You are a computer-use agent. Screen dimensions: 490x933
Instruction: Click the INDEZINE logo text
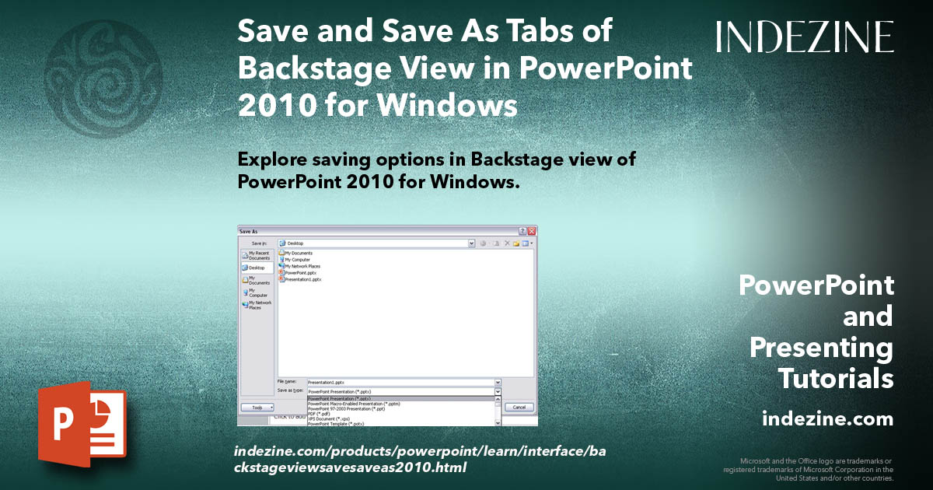pos(805,37)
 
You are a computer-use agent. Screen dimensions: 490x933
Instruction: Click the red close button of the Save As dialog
pos(532,231)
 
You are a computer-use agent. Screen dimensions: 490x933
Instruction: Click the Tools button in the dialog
pos(257,407)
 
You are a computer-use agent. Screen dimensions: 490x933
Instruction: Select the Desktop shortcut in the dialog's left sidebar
pos(256,268)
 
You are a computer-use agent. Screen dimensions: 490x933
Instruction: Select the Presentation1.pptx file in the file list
pos(302,279)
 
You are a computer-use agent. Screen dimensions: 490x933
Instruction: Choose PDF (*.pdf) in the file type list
pos(319,414)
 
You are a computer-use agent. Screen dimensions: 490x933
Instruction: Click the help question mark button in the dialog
pos(522,231)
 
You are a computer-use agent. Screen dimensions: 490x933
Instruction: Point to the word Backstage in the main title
pos(327,68)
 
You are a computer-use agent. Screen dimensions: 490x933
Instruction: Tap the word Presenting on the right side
pos(821,348)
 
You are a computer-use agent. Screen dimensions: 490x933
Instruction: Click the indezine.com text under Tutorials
pos(827,419)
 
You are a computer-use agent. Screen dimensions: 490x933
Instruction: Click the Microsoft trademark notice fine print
pos(809,470)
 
